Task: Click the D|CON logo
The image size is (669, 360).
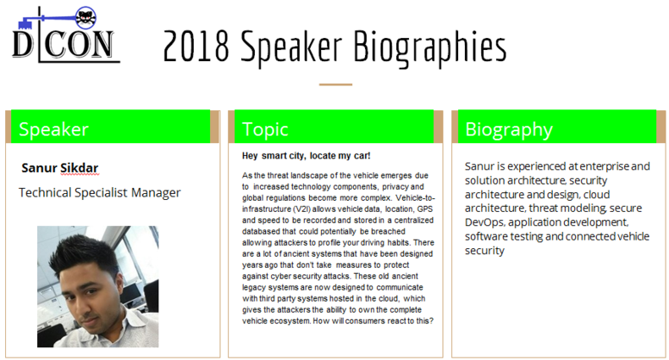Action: click(x=65, y=35)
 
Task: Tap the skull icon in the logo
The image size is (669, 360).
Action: click(x=86, y=18)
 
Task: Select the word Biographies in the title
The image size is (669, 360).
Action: click(x=430, y=47)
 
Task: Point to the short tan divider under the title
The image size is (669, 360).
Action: click(x=335, y=85)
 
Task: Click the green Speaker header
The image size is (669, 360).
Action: click(x=110, y=127)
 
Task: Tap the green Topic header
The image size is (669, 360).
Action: click(x=334, y=127)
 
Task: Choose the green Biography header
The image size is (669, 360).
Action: click(x=556, y=127)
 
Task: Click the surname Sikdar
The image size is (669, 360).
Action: click(x=80, y=168)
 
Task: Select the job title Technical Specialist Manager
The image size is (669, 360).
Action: click(x=99, y=193)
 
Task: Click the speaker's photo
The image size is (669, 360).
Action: click(x=97, y=286)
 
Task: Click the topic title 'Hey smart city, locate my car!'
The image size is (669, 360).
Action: click(x=306, y=156)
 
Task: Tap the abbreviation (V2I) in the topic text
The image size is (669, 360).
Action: click(x=301, y=209)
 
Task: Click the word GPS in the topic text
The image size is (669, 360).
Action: click(x=425, y=209)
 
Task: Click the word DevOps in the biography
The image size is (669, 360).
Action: click(x=484, y=223)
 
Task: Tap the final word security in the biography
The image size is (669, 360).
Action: click(x=484, y=251)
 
